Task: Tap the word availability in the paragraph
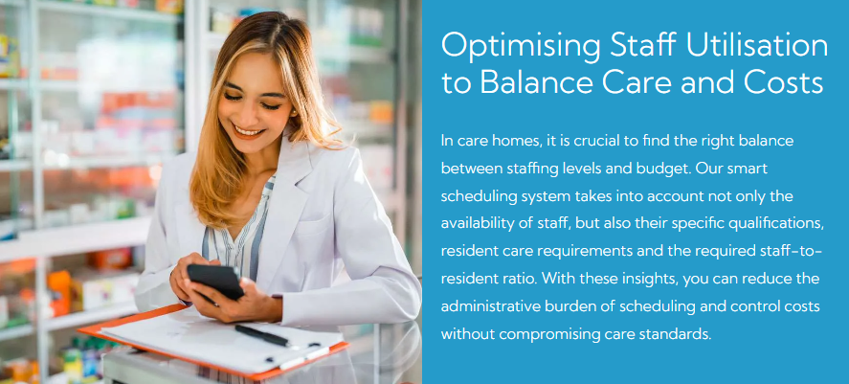pos(472,224)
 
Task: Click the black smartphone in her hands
pos(215,281)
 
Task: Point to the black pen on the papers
pos(262,336)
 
